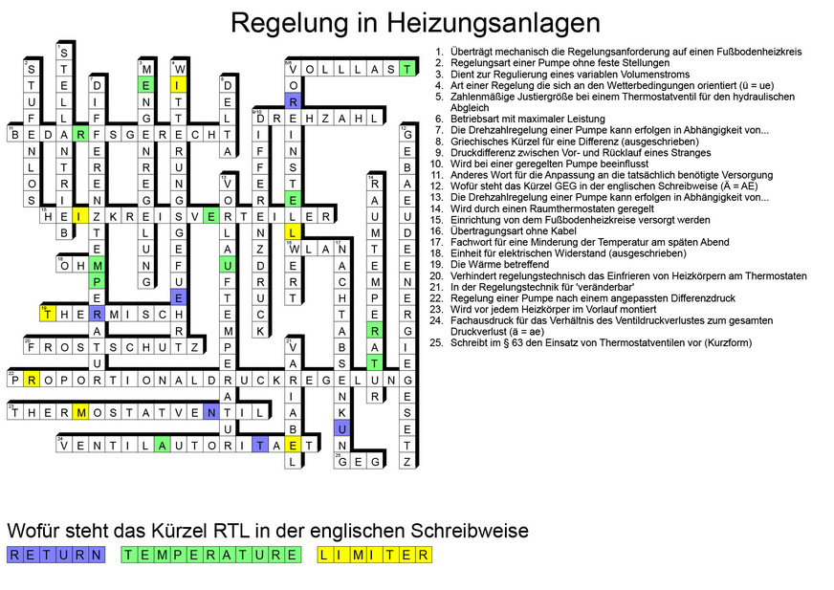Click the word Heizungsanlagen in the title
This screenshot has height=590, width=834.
489,22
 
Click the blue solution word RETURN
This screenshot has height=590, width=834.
56,555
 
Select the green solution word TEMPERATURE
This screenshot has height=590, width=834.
211,555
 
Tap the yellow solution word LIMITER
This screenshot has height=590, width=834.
375,555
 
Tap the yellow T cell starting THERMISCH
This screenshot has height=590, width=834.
48,314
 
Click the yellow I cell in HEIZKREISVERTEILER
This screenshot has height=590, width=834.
80,216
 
